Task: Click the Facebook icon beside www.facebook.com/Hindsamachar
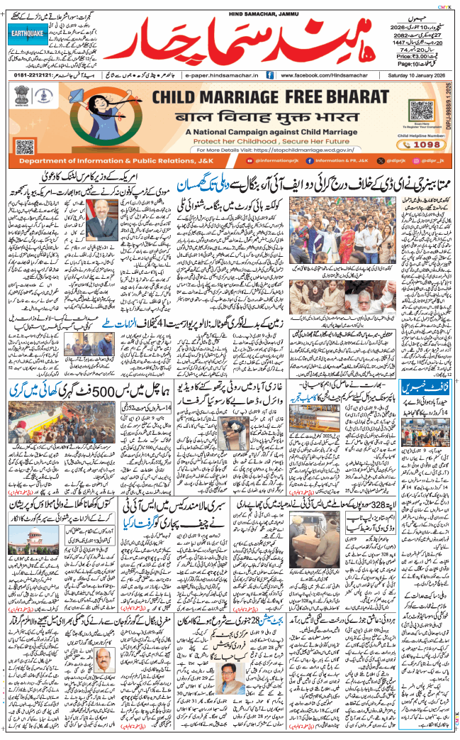[x=270, y=74]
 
